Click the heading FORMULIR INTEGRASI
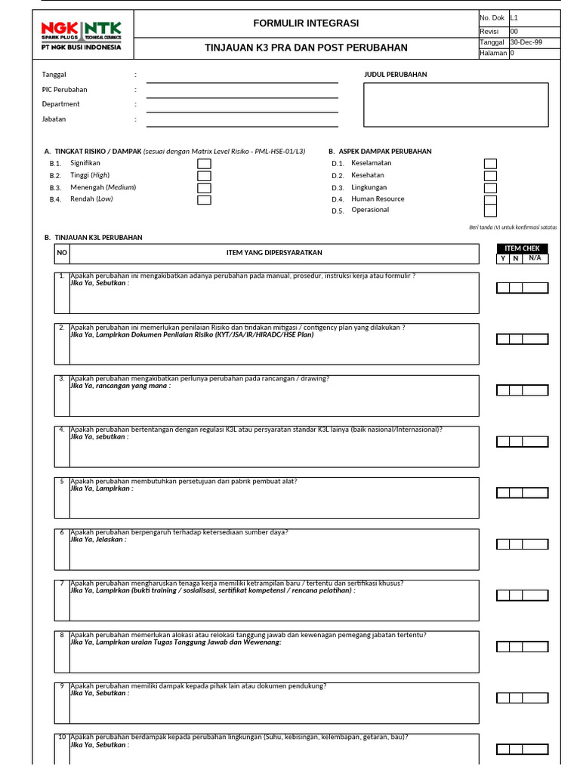[x=306, y=23]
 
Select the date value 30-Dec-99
[x=526, y=42]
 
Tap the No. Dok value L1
[x=514, y=17]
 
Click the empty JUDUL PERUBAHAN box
[x=456, y=104]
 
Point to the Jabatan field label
[x=54, y=119]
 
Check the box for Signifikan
[x=204, y=164]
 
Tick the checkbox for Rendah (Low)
[x=204, y=200]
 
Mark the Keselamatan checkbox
[x=490, y=164]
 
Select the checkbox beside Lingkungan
[x=490, y=188]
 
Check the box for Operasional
[x=490, y=211]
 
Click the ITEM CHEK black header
[x=522, y=248]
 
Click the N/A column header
[x=535, y=258]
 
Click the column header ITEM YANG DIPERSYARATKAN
[x=275, y=253]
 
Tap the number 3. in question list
[x=61, y=378]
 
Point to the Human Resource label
[x=378, y=199]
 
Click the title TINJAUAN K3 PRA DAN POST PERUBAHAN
[x=306, y=48]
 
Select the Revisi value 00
[x=514, y=31]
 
